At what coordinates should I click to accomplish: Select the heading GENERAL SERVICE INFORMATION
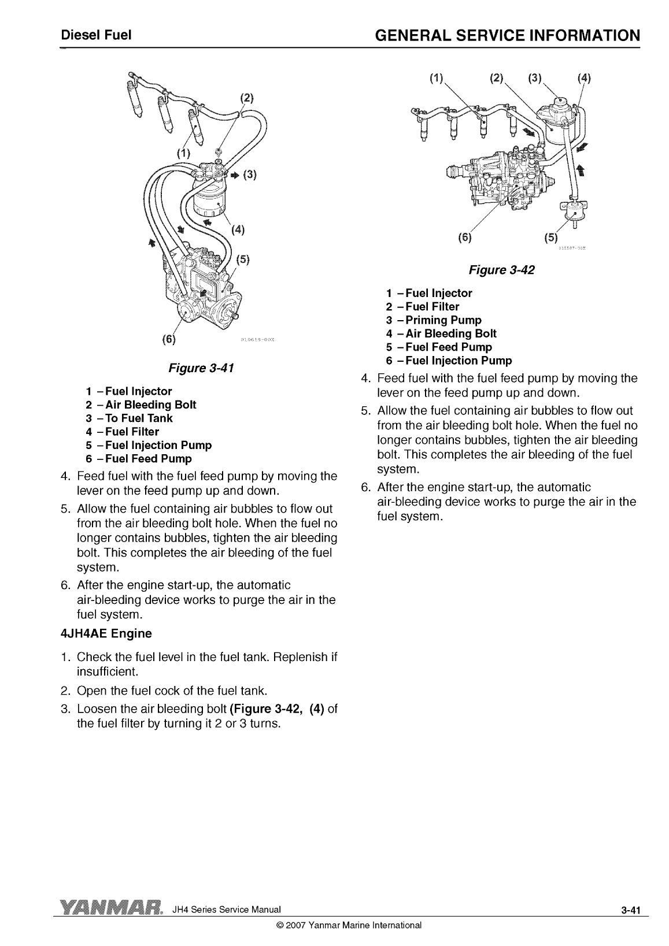click(508, 35)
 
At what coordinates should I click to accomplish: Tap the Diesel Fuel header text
click(97, 35)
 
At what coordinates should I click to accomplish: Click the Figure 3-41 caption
click(201, 368)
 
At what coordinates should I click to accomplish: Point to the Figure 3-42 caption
click(502, 270)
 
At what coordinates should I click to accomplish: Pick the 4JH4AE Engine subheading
click(106, 633)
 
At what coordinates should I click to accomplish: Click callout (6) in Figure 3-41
click(169, 339)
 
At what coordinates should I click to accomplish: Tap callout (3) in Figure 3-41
click(250, 175)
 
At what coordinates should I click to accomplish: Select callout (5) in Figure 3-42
click(551, 238)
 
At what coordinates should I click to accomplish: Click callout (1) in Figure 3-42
click(437, 77)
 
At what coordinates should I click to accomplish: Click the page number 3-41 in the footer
click(630, 910)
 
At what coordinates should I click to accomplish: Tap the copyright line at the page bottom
click(349, 925)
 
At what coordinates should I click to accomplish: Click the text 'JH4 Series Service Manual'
click(227, 909)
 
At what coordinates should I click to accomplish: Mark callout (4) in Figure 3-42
click(584, 77)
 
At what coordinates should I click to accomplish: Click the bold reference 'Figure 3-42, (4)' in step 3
click(277, 708)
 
